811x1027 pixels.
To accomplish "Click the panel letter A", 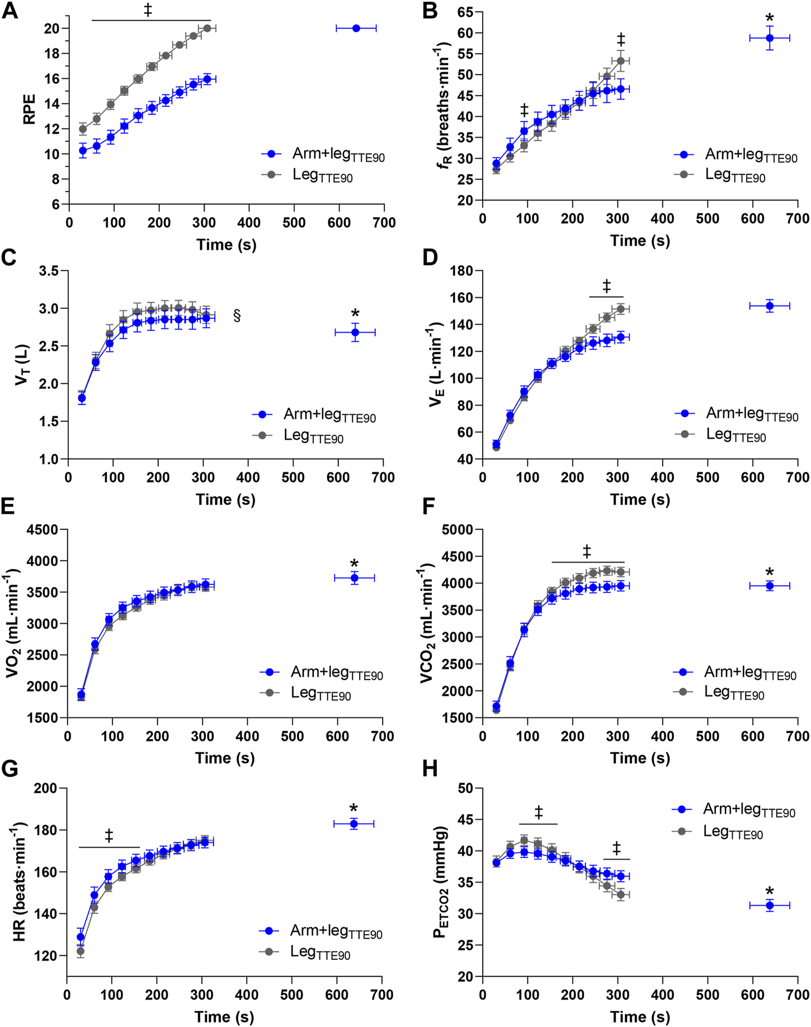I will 10,11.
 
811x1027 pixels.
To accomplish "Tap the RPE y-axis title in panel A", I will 29,110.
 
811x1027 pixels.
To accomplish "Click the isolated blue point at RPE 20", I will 356,28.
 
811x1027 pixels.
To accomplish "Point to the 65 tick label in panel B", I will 463,12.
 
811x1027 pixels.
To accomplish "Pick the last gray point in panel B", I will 620,60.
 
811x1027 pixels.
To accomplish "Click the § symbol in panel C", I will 237,316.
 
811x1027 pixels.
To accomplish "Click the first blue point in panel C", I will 82,398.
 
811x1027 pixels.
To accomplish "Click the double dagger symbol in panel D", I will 607,286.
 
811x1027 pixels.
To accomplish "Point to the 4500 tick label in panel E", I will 44,530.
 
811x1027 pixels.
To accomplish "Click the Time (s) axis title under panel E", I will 225,758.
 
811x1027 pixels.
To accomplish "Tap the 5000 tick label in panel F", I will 458,530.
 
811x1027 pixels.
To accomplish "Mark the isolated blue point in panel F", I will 770,586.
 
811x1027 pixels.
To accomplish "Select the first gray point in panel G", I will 81,951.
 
